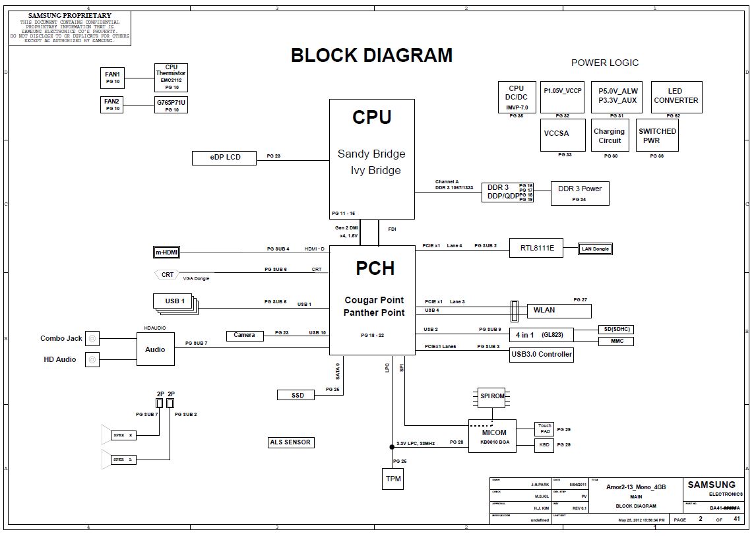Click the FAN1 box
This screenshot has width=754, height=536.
pyautogui.click(x=112, y=78)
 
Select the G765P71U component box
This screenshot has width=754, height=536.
pyautogui.click(x=172, y=105)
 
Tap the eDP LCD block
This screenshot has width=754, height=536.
pyautogui.click(x=225, y=158)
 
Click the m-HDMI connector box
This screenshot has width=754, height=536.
pyautogui.click(x=167, y=253)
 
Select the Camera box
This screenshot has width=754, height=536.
pyautogui.click(x=244, y=335)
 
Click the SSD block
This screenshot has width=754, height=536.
pyautogui.click(x=298, y=395)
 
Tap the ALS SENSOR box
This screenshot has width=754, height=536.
pyautogui.click(x=290, y=442)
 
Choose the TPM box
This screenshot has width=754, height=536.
pyautogui.click(x=393, y=478)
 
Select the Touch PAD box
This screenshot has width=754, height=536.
pyautogui.click(x=544, y=429)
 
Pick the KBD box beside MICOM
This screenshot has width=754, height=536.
pyautogui.click(x=544, y=446)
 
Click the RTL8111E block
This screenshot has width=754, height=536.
pyautogui.click(x=538, y=248)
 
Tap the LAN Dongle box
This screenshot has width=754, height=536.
pyautogui.click(x=594, y=249)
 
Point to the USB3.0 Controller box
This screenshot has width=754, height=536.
pyautogui.click(x=542, y=355)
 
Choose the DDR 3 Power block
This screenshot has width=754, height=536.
pyautogui.click(x=580, y=193)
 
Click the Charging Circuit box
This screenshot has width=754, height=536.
pyautogui.click(x=609, y=135)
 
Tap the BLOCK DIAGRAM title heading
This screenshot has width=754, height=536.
pyautogui.click(x=372, y=55)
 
